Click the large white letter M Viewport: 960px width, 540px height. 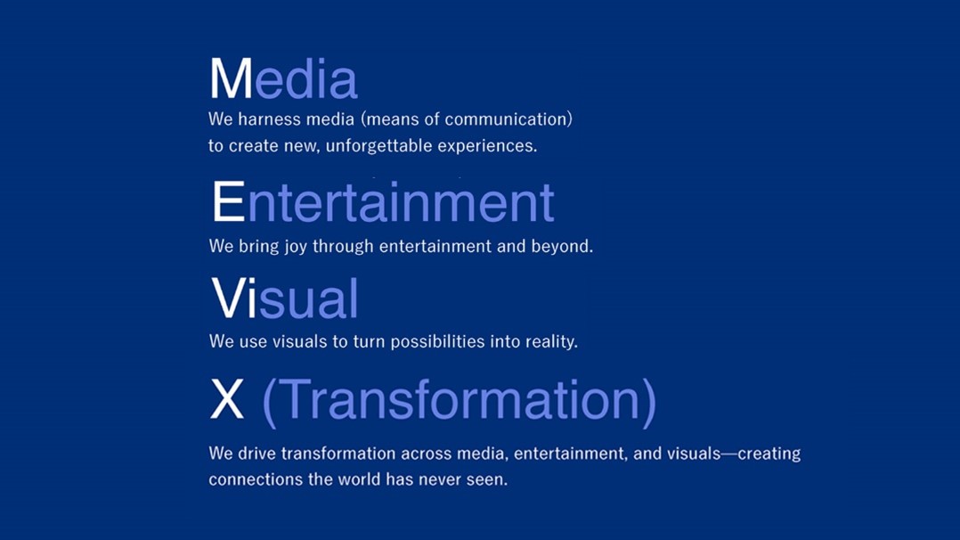[231, 79]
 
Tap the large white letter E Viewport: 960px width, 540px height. [228, 202]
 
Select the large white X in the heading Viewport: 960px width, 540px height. [227, 401]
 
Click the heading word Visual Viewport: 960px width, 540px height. [285, 299]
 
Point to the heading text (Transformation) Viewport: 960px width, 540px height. [459, 401]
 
